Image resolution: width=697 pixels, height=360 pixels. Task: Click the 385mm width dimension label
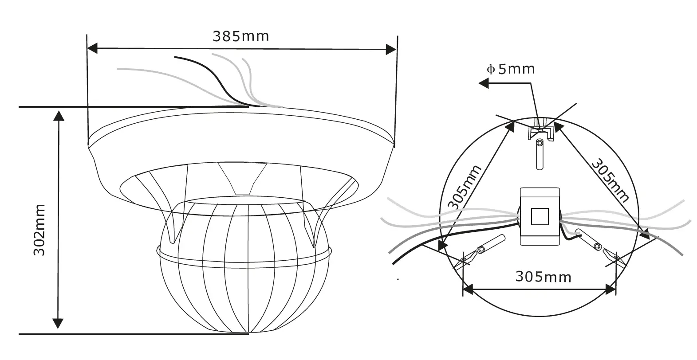pyautogui.click(x=240, y=36)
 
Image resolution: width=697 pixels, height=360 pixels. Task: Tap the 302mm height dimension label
pyautogui.click(x=40, y=230)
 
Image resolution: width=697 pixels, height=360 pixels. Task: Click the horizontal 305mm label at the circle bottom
pyautogui.click(x=543, y=277)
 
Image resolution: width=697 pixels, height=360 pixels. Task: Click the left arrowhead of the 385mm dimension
pyautogui.click(x=92, y=48)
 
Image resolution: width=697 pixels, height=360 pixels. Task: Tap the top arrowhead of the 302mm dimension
pyautogui.click(x=58, y=115)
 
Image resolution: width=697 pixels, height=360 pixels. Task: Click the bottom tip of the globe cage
pyautogui.click(x=248, y=332)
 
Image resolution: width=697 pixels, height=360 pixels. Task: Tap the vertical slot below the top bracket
pyautogui.click(x=539, y=155)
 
